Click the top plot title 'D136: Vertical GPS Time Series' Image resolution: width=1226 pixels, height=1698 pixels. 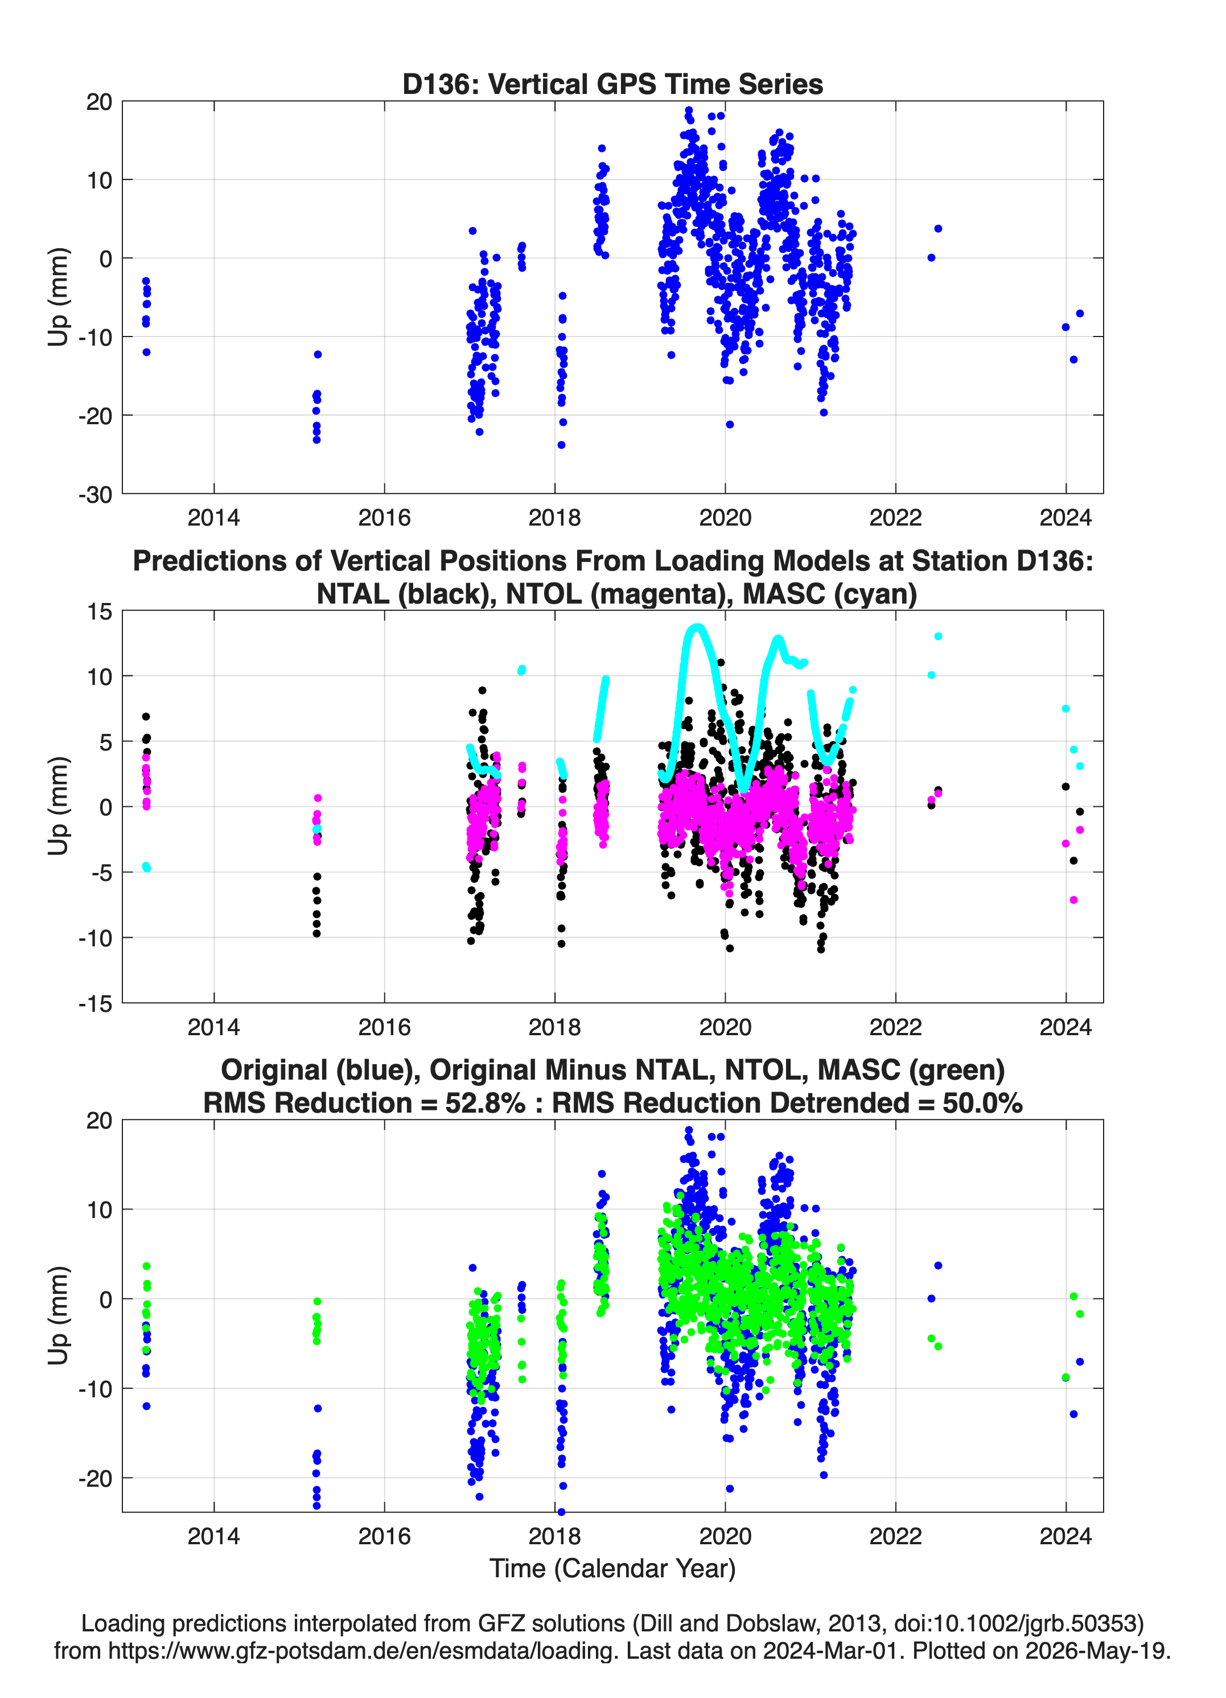pos(612,84)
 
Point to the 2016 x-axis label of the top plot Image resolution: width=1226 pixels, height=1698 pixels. pos(384,518)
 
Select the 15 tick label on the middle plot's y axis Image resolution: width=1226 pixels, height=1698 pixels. pos(100,612)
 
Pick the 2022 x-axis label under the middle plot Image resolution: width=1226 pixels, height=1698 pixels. pos(895,1027)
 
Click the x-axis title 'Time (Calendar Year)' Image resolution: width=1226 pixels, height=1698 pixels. pos(612,1568)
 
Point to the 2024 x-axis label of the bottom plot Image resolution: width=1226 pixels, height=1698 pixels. pos(1066,1536)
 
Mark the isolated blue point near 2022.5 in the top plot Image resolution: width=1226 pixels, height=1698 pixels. pos(938,228)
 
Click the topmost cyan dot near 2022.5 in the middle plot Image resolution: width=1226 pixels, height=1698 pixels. pos(938,637)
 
